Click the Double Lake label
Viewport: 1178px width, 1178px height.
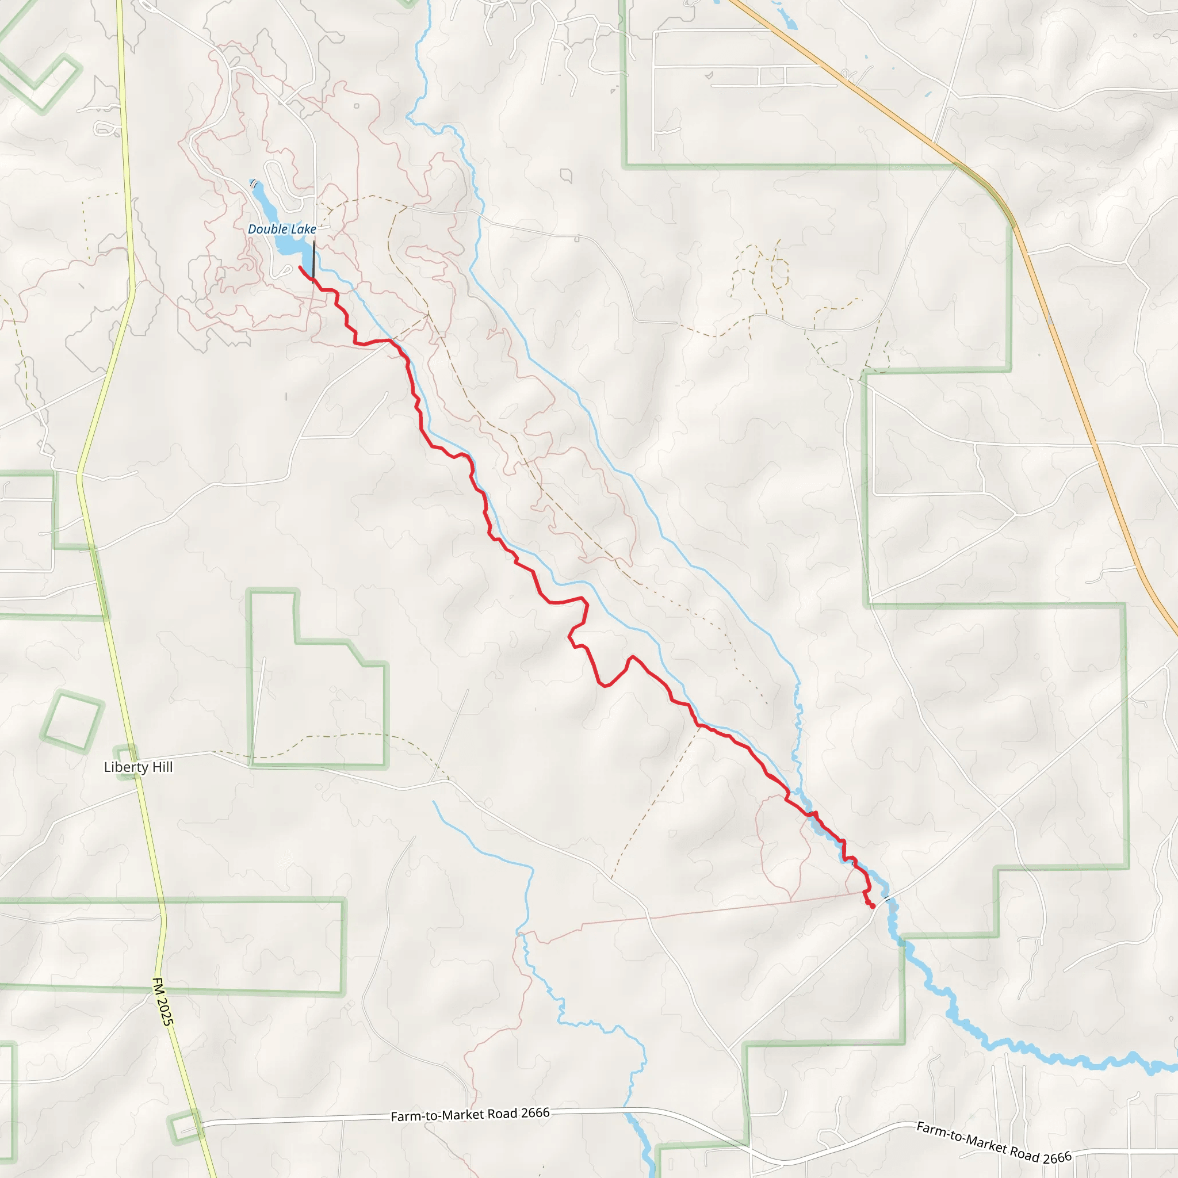click(282, 230)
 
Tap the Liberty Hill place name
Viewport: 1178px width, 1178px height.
click(139, 767)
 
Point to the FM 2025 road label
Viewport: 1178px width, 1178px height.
click(163, 1002)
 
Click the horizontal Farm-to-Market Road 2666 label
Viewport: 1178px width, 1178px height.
click(470, 1115)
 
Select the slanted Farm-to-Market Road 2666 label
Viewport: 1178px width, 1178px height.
click(993, 1143)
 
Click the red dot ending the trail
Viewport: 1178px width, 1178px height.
click(873, 906)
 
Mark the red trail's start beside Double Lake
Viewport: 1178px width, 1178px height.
click(300, 267)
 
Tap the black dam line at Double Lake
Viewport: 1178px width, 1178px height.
click(313, 262)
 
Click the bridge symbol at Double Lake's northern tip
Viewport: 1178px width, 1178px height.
click(254, 183)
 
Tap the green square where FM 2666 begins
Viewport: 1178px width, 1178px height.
click(183, 1127)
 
